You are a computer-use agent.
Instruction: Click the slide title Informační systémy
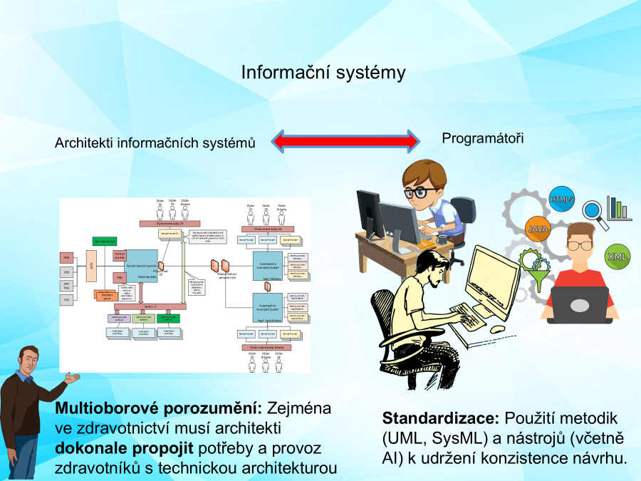pos(323,73)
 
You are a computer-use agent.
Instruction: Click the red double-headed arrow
pos(346,140)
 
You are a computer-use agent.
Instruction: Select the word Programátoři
pos(482,138)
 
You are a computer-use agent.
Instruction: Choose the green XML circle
pos(616,256)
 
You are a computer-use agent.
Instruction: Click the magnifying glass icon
pos(592,210)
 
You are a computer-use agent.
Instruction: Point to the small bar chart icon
pos(619,207)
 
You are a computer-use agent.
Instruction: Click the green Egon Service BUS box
pos(104,242)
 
